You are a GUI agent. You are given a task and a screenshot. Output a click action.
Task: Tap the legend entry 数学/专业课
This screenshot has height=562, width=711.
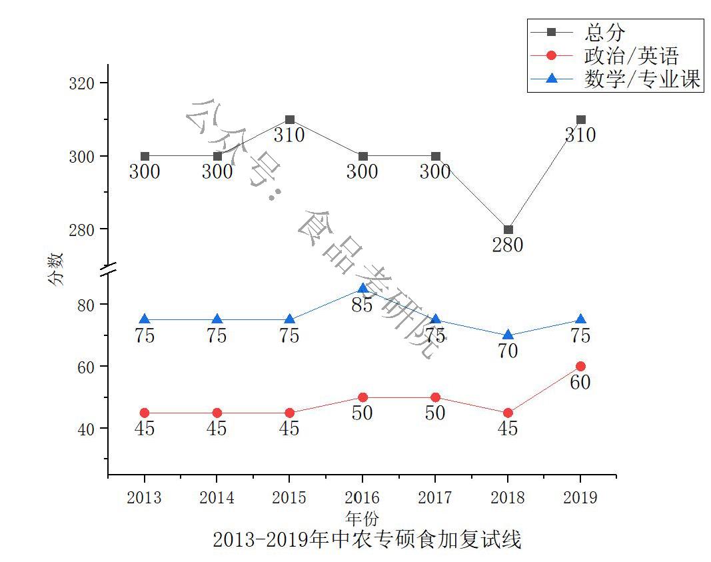(x=642, y=79)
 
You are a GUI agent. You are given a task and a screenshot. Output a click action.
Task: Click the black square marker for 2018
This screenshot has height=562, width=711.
(x=508, y=229)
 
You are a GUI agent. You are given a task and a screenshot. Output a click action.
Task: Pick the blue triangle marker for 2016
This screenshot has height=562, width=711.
(x=362, y=289)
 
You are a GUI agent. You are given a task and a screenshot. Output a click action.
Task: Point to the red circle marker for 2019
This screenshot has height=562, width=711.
(x=580, y=366)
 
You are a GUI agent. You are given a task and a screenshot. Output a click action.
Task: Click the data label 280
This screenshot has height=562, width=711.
(x=508, y=245)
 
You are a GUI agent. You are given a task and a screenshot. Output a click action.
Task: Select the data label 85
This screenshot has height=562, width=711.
(x=362, y=305)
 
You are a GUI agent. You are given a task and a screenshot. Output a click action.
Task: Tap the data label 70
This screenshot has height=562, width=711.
(x=508, y=351)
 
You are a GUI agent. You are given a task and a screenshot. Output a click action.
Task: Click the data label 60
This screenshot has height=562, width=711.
(x=580, y=383)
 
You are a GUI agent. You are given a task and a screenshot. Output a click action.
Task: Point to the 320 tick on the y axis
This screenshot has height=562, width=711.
(x=83, y=83)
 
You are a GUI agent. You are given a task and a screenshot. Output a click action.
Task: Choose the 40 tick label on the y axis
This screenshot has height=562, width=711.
(x=86, y=429)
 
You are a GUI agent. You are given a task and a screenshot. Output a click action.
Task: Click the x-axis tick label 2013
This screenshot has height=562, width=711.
(x=145, y=498)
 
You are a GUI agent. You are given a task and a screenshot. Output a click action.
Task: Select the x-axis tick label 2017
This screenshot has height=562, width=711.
(x=435, y=498)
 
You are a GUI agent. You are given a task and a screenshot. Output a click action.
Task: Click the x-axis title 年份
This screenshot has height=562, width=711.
(x=362, y=517)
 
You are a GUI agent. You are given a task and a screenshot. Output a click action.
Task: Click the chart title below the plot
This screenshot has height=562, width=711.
(x=366, y=539)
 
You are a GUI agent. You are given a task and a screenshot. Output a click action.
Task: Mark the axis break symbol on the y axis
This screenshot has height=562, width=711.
(x=108, y=270)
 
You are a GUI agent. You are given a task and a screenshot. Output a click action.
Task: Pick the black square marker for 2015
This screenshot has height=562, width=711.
(x=290, y=120)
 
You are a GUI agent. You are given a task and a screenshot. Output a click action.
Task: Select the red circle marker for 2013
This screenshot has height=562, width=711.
(x=145, y=413)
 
